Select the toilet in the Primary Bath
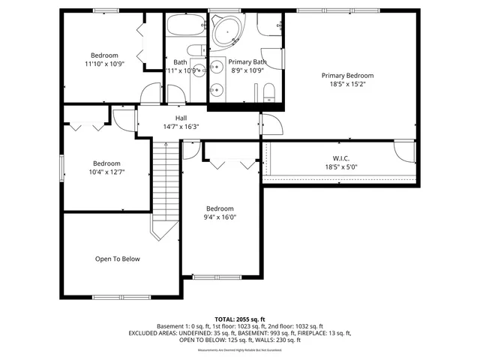(271, 92)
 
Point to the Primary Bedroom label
(347, 76)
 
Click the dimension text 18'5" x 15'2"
(347, 85)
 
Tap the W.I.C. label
(342, 158)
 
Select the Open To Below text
(117, 259)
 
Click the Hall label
(181, 118)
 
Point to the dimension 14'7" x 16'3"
(181, 127)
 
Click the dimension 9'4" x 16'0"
(220, 217)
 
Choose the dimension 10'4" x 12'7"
(106, 172)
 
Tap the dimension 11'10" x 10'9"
(104, 64)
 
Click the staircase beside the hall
(167, 187)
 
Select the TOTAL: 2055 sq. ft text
(239, 319)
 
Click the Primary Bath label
(247, 62)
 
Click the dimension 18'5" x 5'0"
(342, 167)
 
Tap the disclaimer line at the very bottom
(239, 350)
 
